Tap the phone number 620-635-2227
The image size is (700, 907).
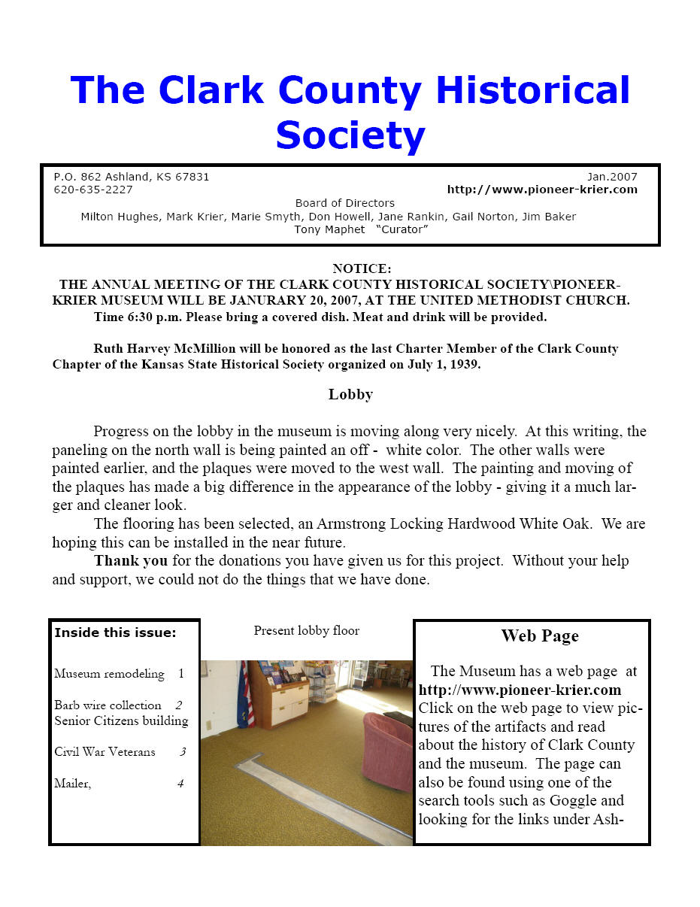[x=93, y=190]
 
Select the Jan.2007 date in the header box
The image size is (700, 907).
[x=612, y=177]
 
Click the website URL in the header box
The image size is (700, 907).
[x=542, y=190]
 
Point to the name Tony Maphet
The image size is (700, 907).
[x=329, y=229]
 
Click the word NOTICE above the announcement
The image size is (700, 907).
[x=362, y=268]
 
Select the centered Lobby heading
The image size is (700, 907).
[x=350, y=394]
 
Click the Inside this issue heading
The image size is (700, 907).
[x=115, y=632]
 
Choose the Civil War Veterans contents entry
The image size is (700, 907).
[x=105, y=751]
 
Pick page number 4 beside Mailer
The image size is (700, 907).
[x=180, y=784]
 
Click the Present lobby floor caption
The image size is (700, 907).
[x=306, y=630]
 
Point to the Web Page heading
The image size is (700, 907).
[x=540, y=636]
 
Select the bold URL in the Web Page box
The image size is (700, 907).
[x=520, y=690]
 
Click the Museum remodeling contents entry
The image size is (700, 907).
[x=109, y=674]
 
